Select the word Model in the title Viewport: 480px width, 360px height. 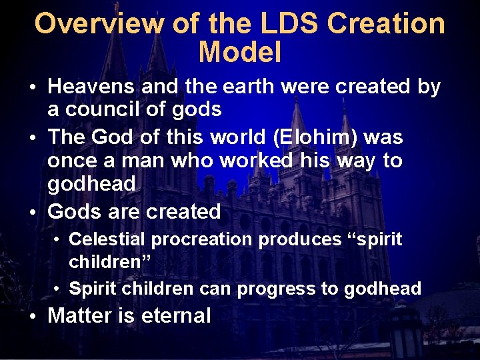(240, 52)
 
